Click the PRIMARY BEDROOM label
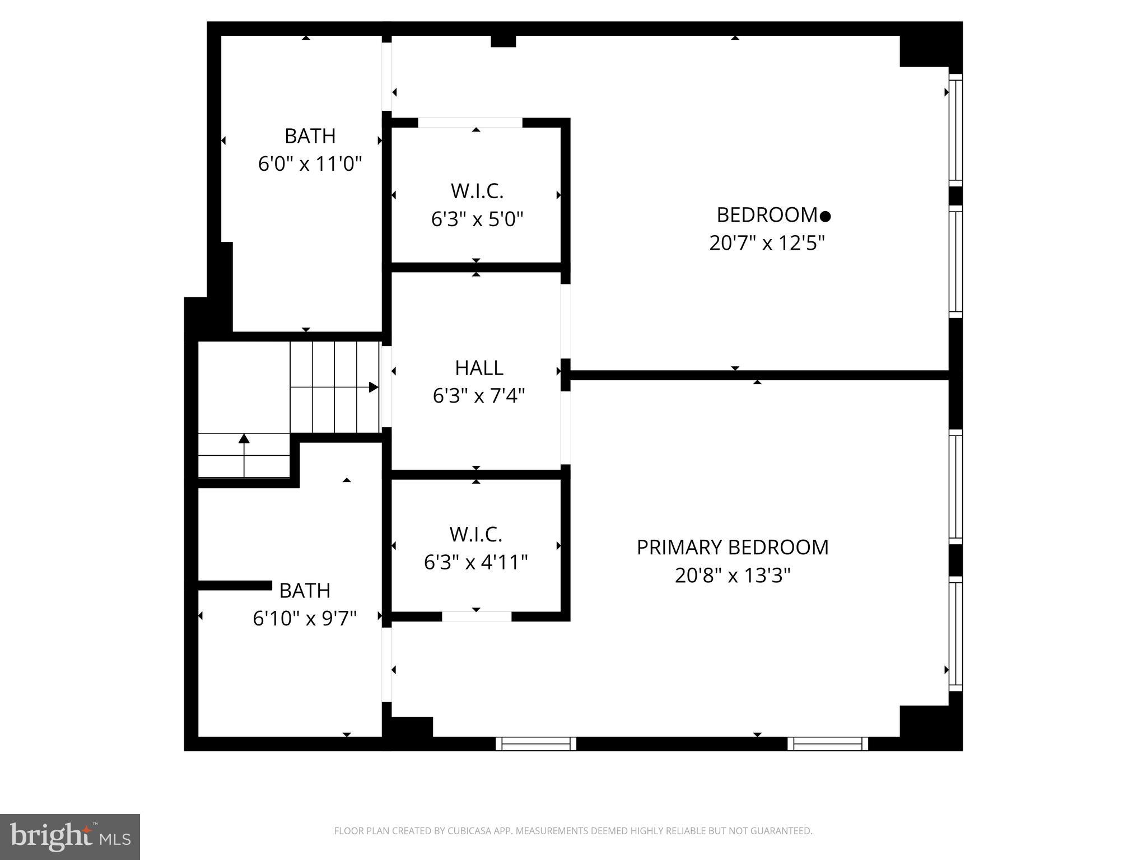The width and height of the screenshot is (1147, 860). coord(732,547)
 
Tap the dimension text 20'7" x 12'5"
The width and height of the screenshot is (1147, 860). coord(767,243)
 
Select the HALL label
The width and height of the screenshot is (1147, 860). coord(479,368)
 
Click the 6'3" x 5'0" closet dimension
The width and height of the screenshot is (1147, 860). coord(477,219)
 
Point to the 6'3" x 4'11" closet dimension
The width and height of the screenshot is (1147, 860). coord(475,562)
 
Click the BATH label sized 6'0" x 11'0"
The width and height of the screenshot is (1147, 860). coord(310,136)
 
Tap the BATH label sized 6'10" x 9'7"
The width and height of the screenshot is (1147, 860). coord(305,590)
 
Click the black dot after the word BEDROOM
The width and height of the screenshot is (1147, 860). coord(825,216)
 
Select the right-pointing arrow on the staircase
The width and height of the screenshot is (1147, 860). coord(373,387)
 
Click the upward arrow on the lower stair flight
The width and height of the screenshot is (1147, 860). coord(244,438)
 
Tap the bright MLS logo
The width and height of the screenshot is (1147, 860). coord(70,836)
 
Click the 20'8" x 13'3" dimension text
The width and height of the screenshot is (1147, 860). coord(732,576)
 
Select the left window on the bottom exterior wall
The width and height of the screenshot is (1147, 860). coord(536,744)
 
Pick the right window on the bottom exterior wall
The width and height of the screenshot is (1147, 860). coord(827,744)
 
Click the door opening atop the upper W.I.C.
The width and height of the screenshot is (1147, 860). coord(470,123)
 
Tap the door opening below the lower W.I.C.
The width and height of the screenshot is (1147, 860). coord(477,616)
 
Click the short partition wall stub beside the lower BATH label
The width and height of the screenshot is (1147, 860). coord(235,585)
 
